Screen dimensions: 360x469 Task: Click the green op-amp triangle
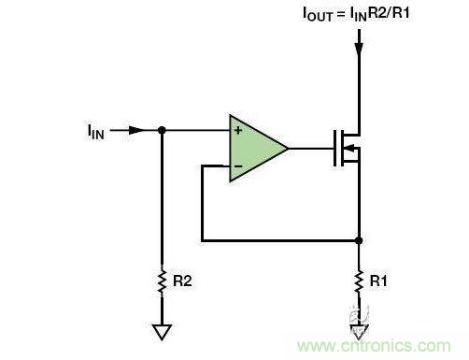254,148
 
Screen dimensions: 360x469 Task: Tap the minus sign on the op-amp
238,166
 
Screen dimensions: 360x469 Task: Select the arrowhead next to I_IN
136,130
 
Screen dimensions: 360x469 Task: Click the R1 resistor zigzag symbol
359,279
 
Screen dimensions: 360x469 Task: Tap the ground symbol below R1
359,329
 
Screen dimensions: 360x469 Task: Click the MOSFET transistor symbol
346,148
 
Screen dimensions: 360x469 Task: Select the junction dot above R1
359,239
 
